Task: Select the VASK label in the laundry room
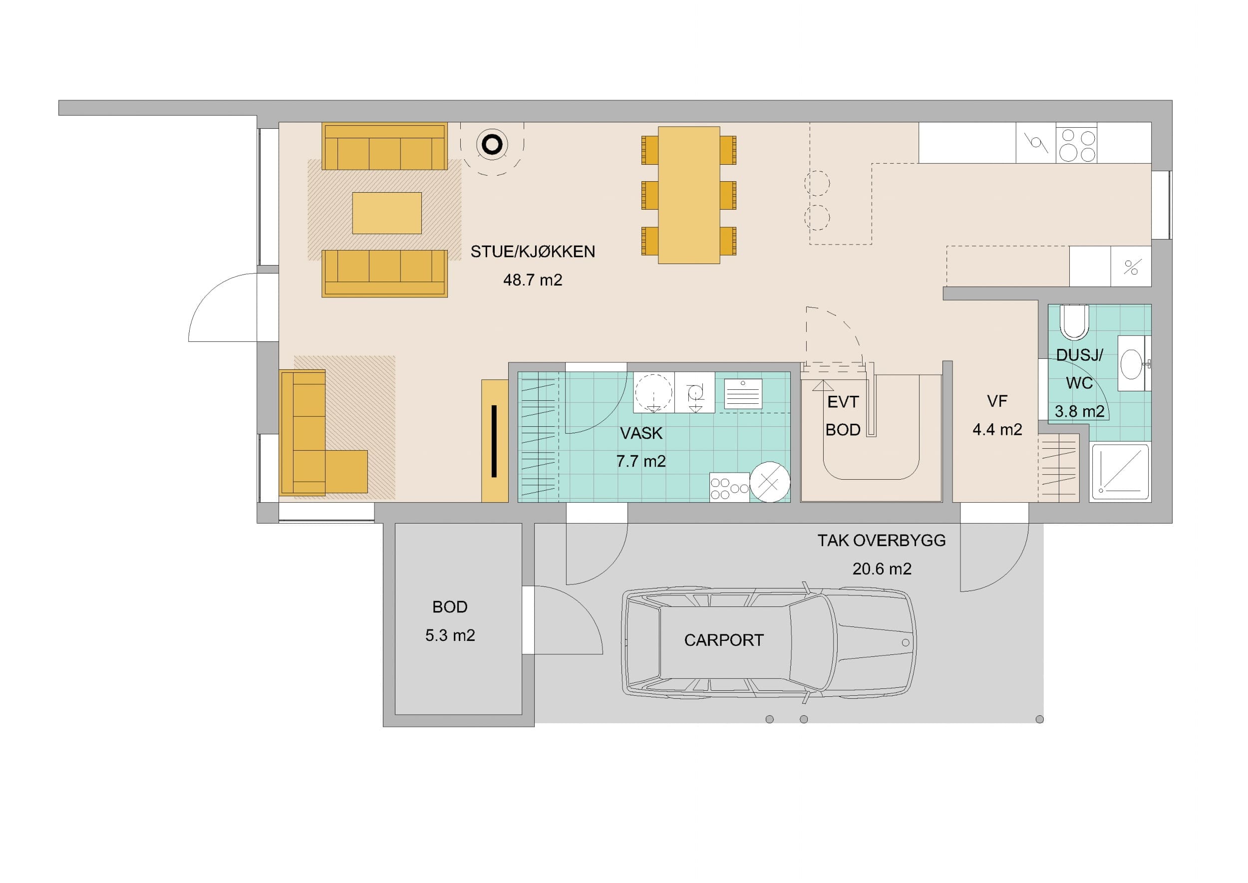point(641,433)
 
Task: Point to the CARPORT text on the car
point(724,640)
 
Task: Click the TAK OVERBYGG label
point(882,541)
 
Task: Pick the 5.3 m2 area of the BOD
point(450,635)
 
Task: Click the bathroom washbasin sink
point(1132,363)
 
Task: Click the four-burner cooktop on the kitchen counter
point(1076,142)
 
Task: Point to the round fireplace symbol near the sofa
point(492,145)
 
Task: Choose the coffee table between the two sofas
point(387,213)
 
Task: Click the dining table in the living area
point(689,195)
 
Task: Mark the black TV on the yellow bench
point(494,441)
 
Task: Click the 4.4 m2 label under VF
point(997,430)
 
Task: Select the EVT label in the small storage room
point(843,402)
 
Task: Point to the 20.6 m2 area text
point(882,569)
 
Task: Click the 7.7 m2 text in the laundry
point(640,461)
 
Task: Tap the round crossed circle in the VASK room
point(770,482)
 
